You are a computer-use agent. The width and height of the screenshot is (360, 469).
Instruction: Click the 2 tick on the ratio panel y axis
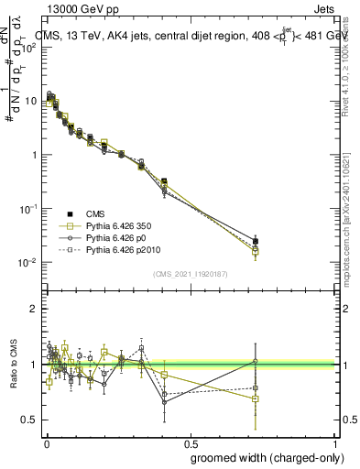pos(34,309)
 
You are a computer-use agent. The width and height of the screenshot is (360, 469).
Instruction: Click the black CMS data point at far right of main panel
pos(256,241)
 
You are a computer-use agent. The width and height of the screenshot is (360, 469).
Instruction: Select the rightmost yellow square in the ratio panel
pos(256,398)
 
